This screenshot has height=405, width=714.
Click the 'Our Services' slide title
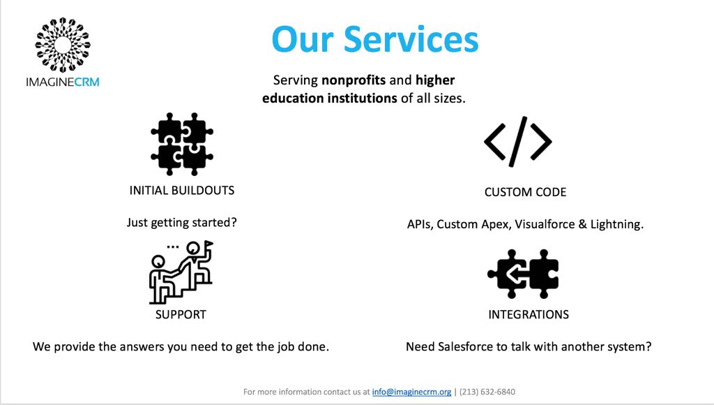(x=374, y=39)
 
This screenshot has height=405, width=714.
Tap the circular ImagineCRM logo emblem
(x=63, y=45)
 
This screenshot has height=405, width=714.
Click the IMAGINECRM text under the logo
(x=63, y=82)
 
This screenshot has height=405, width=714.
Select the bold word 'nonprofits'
(x=354, y=80)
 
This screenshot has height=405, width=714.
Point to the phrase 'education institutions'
(x=329, y=98)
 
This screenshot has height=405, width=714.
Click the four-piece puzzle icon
(x=181, y=144)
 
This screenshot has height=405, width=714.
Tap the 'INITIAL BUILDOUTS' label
(x=182, y=190)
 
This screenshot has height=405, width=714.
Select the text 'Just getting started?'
(x=182, y=223)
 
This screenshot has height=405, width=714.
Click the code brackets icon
(x=517, y=142)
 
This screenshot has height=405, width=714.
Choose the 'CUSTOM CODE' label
(x=525, y=192)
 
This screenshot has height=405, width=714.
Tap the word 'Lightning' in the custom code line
(x=616, y=225)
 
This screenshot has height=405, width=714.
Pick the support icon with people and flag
(x=181, y=272)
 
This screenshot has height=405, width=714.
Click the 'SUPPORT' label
(x=181, y=314)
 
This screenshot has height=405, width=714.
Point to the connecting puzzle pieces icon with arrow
(x=523, y=273)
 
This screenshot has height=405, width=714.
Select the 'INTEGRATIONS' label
(x=529, y=314)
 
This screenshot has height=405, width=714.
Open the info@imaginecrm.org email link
(x=411, y=392)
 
